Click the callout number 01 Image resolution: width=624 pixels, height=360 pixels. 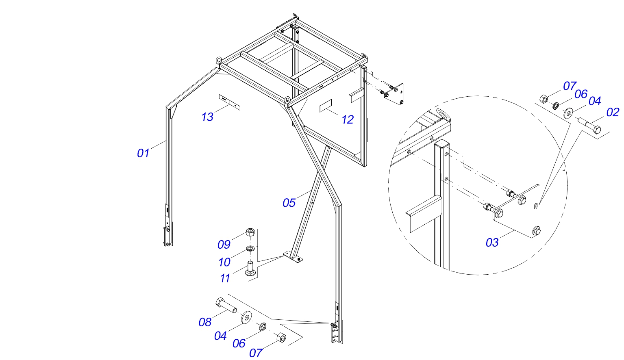tap(143, 153)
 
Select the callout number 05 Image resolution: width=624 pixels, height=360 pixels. tap(289, 203)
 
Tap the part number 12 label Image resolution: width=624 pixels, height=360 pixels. tap(348, 119)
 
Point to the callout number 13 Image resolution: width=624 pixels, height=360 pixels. tap(207, 117)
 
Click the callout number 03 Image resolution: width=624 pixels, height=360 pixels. tap(492, 243)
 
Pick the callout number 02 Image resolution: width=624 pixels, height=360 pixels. tap(613, 112)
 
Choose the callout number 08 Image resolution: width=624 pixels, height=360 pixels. tap(205, 322)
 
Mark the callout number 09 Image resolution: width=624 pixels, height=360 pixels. tap(224, 244)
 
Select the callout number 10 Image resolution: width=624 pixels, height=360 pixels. tap(224, 262)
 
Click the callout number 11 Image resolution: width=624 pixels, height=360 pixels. tap(225, 278)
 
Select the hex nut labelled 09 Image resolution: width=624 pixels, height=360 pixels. tap(250, 233)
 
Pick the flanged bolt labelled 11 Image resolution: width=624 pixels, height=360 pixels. tap(250, 270)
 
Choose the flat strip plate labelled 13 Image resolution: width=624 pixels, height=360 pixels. tap(230, 102)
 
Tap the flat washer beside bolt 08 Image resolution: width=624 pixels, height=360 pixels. tap(246, 317)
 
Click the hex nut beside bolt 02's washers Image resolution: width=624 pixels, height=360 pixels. tap(543, 99)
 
